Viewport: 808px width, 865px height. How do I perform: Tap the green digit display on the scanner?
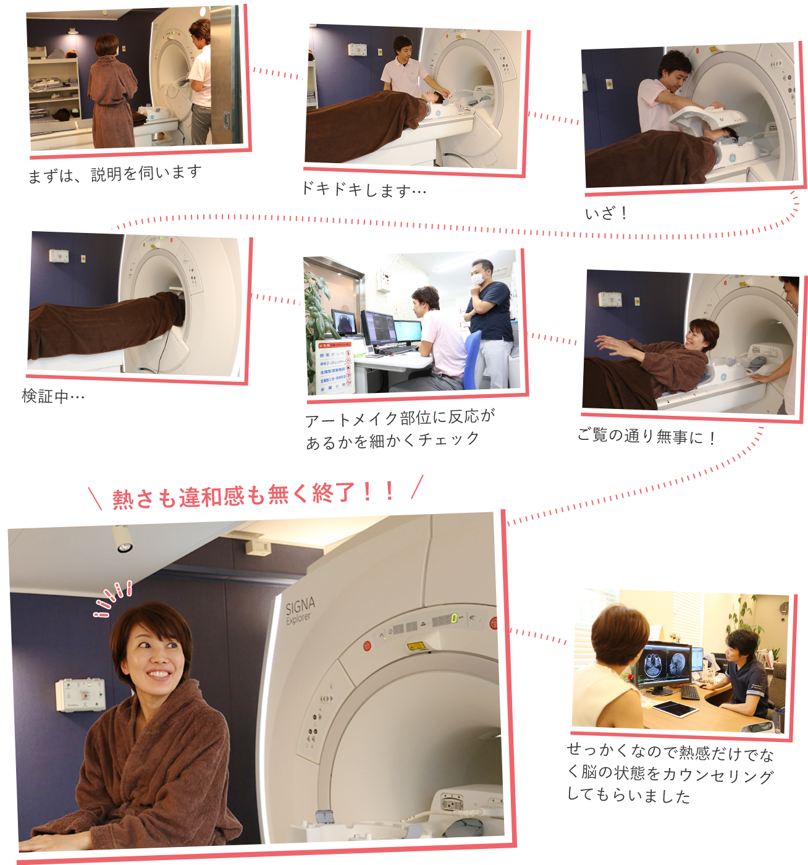pyautogui.click(x=454, y=618)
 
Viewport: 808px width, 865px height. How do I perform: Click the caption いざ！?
pyautogui.click(x=606, y=213)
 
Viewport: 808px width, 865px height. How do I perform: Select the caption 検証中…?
pyautogui.click(x=53, y=396)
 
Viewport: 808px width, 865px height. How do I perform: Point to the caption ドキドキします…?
pyautogui.click(x=364, y=190)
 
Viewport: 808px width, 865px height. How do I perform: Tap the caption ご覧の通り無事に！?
pyautogui.click(x=646, y=436)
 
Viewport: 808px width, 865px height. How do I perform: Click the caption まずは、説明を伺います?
pyautogui.click(x=114, y=174)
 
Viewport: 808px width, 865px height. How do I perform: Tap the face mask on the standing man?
pyautogui.click(x=478, y=278)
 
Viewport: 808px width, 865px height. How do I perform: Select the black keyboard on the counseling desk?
pyautogui.click(x=689, y=693)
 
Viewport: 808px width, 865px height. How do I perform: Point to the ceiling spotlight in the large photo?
pyautogui.click(x=122, y=539)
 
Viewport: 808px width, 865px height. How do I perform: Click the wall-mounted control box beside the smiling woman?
pyautogui.click(x=80, y=694)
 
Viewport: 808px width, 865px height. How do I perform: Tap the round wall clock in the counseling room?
pyautogui.click(x=784, y=608)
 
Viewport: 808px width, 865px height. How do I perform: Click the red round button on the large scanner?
pyautogui.click(x=367, y=645)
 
